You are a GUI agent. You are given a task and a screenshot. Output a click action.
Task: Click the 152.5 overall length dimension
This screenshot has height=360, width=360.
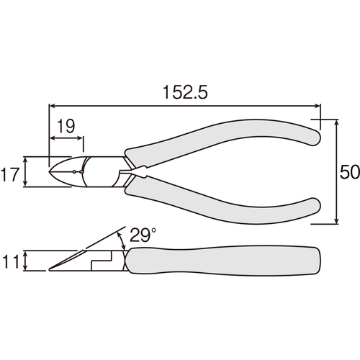185,92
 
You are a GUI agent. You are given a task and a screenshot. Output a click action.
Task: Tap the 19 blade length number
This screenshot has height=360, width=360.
66,126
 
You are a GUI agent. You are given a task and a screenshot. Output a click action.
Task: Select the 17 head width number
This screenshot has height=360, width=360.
9,174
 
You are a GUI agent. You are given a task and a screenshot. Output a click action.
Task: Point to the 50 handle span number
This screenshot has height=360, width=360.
350,172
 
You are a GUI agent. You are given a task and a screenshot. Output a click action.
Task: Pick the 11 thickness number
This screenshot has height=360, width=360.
11,261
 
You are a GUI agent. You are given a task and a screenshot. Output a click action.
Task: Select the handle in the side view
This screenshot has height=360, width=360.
223,261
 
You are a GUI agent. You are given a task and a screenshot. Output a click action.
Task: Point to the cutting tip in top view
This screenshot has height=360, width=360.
49,172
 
